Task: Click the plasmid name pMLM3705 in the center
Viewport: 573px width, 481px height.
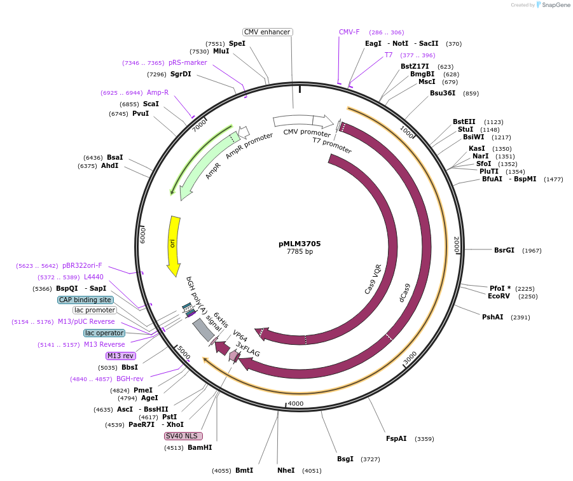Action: tap(300, 244)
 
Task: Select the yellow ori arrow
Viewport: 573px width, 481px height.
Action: tap(173, 245)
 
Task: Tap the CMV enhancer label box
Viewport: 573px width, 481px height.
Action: tap(267, 32)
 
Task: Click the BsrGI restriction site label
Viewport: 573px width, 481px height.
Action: tap(504, 250)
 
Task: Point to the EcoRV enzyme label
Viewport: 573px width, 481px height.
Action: tap(499, 296)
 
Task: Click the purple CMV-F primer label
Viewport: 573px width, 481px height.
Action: tap(349, 32)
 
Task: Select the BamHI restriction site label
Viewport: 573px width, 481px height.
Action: tap(200, 447)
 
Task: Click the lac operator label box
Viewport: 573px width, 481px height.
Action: tap(104, 333)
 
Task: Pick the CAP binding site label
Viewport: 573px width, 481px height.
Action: tap(86, 300)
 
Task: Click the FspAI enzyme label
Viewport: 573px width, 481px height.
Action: tap(396, 438)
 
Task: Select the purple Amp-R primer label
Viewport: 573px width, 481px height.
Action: tap(158, 92)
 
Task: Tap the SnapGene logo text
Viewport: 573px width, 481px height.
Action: tap(556, 5)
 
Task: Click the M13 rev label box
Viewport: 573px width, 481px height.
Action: tap(120, 356)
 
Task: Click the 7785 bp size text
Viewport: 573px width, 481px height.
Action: tap(300, 252)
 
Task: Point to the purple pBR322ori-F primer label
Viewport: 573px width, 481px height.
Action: tap(82, 265)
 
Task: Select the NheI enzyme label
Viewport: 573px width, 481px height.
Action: tap(286, 470)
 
